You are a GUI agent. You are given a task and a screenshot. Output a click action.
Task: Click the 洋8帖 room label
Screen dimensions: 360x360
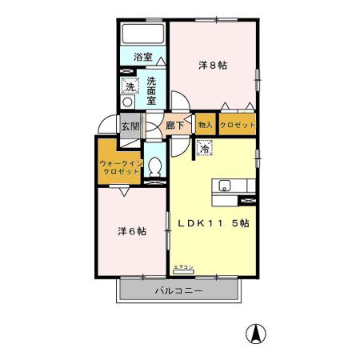click(x=212, y=66)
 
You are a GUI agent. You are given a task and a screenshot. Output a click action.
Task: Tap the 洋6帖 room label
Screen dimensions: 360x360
click(x=131, y=231)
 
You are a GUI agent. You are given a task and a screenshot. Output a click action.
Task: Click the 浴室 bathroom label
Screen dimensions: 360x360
click(x=142, y=58)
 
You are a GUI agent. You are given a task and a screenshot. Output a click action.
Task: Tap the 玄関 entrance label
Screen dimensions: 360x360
click(x=130, y=126)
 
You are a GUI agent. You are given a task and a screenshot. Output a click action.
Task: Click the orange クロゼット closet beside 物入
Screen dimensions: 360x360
click(x=238, y=126)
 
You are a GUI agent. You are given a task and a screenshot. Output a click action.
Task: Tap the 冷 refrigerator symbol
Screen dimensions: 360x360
click(x=205, y=149)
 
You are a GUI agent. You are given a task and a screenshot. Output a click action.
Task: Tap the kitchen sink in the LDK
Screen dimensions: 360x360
click(x=225, y=187)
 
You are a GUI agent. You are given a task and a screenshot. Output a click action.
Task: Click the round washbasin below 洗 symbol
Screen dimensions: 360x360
click(x=129, y=102)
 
